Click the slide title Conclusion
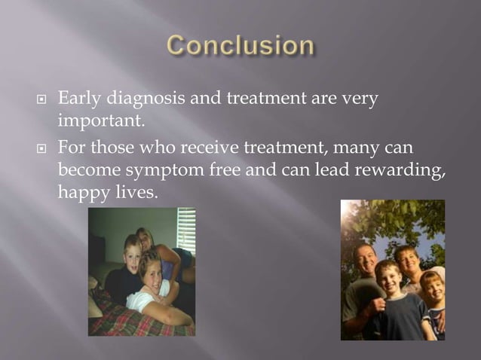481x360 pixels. pos(240,47)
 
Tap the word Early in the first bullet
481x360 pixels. pos(78,99)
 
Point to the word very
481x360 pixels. pos(360,99)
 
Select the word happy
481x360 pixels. pos(81,193)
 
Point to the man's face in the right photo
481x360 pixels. pos(366,261)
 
